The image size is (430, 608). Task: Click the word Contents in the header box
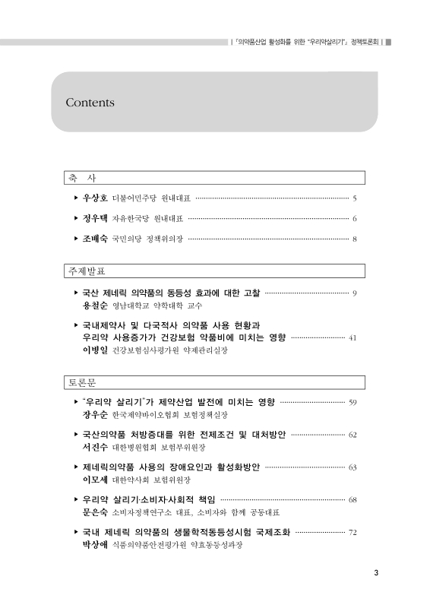pyautogui.click(x=90, y=102)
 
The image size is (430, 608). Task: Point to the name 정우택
pyautogui.click(x=95, y=219)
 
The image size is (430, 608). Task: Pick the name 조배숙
pyautogui.click(x=95, y=239)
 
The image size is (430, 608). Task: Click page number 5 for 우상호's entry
pyautogui.click(x=355, y=199)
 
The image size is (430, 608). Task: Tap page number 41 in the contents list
pyautogui.click(x=352, y=337)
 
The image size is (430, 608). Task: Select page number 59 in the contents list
pyautogui.click(x=353, y=401)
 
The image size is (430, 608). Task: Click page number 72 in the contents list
pyautogui.click(x=353, y=533)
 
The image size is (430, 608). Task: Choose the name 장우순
pyautogui.click(x=95, y=415)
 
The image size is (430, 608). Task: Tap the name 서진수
pyautogui.click(x=95, y=448)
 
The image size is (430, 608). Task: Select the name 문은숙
pyautogui.click(x=95, y=514)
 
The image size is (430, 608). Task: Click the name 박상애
pyautogui.click(x=95, y=546)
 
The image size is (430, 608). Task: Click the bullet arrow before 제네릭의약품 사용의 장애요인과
pyautogui.click(x=74, y=467)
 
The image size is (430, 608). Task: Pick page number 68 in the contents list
pyautogui.click(x=353, y=500)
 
